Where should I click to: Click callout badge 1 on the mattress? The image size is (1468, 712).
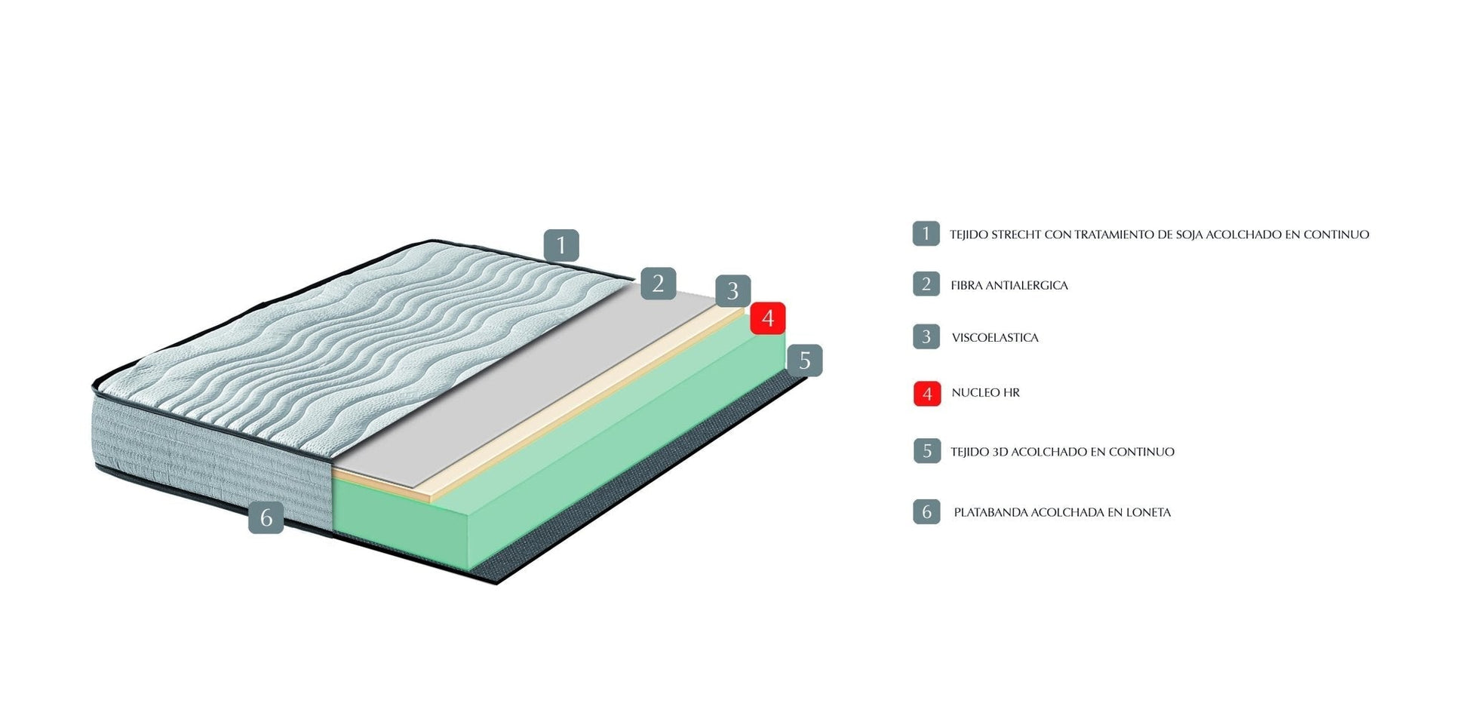pos(560,246)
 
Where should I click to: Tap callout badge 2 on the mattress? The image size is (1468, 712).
pos(658,284)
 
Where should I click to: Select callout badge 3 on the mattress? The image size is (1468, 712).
pos(732,291)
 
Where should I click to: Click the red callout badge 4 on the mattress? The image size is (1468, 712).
pos(767,318)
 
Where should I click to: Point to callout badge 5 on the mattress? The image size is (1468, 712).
pos(804,361)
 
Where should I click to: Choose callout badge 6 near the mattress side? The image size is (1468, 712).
pos(266,517)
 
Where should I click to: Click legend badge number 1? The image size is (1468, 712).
pos(926,234)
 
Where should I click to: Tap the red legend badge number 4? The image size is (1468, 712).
pos(926,394)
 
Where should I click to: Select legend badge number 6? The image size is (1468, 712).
pos(926,512)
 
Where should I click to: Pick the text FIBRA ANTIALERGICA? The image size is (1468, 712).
pos(1009,285)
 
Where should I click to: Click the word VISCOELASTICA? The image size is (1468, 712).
pos(994,338)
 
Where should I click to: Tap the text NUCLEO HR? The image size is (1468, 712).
pos(985,393)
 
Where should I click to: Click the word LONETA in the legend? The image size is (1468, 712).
pos(1148,512)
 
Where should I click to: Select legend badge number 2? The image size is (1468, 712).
pos(926,284)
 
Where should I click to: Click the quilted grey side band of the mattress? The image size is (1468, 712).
pos(211,460)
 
